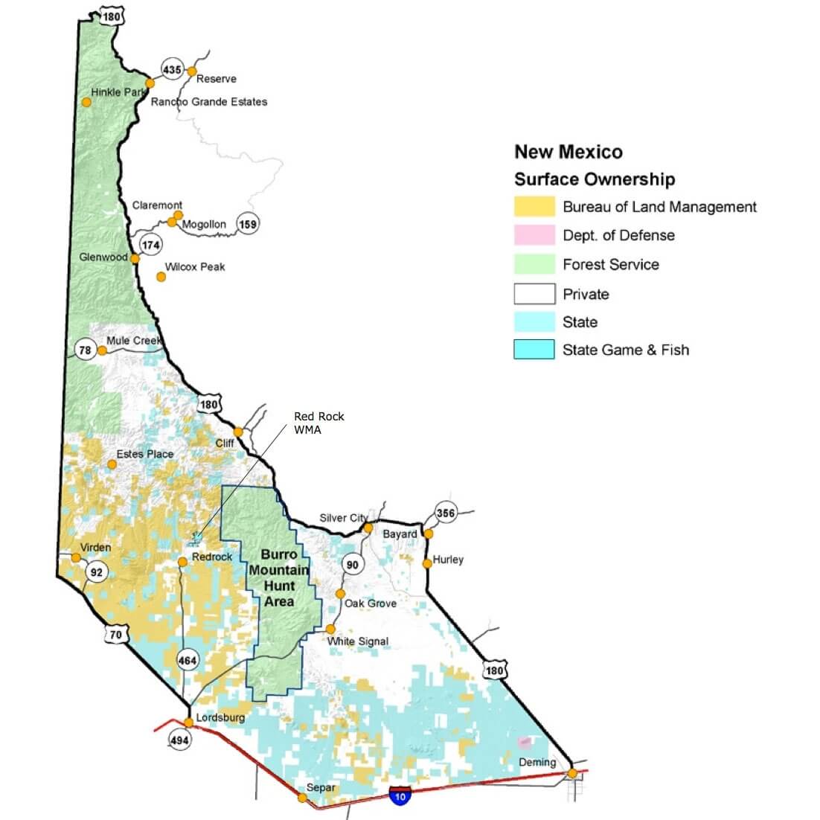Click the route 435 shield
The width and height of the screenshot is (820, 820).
click(x=172, y=70)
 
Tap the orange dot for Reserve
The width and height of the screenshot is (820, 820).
click(x=191, y=71)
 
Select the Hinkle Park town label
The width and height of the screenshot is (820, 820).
click(x=118, y=92)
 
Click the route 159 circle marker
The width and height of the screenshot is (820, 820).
click(x=248, y=223)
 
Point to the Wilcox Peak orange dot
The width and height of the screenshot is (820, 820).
click(x=161, y=277)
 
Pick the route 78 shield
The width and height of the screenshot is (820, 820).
click(x=86, y=350)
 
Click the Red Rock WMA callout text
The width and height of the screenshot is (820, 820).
click(x=318, y=423)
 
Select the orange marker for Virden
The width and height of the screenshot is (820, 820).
click(x=76, y=557)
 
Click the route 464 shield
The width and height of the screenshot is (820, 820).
click(x=188, y=660)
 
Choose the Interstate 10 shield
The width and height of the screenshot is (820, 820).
click(x=400, y=795)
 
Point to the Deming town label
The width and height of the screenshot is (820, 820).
click(x=537, y=762)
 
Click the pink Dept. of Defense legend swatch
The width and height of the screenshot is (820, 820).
click(x=534, y=235)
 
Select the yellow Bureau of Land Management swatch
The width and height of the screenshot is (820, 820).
click(x=534, y=207)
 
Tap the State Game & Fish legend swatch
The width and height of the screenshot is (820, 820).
click(x=534, y=350)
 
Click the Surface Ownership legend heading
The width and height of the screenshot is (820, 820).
click(x=595, y=179)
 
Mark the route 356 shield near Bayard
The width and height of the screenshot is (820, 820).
click(x=445, y=513)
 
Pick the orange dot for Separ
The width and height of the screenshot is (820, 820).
click(x=302, y=798)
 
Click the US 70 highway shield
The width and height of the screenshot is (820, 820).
click(x=115, y=635)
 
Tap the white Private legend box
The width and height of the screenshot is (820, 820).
click(x=534, y=294)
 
